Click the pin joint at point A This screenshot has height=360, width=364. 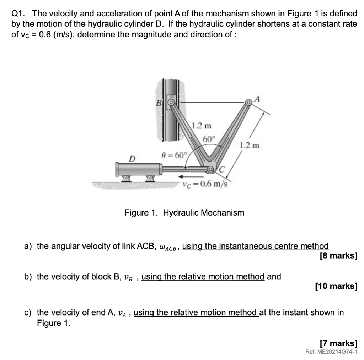pos(248,102)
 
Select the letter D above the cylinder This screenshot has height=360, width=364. pos(132,157)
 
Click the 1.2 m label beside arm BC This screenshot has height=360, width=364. pos(201,126)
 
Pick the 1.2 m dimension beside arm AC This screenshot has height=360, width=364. pos(250,145)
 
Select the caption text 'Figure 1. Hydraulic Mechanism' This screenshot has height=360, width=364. pos(184,213)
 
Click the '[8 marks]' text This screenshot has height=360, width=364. pos(338,255)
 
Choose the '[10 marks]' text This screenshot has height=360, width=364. pos(336,286)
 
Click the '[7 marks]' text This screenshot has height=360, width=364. pos(338,343)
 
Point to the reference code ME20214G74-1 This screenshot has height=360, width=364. pos(331,352)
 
